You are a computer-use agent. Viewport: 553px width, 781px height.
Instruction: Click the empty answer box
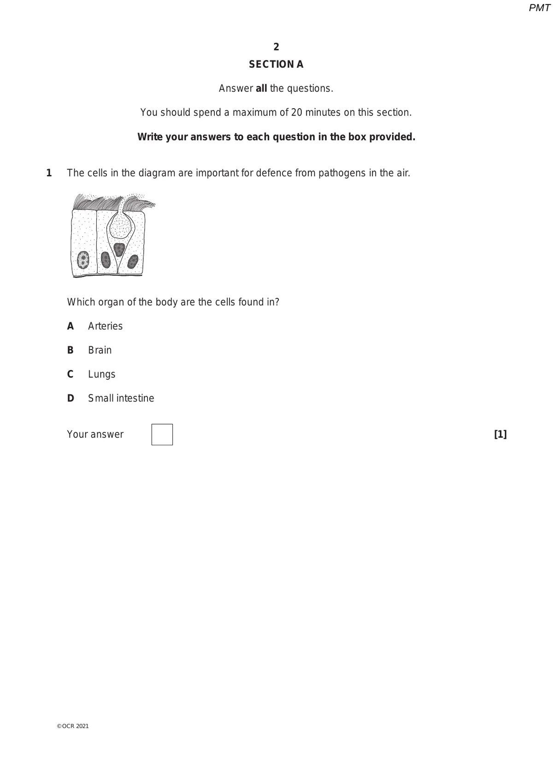pyautogui.click(x=162, y=434)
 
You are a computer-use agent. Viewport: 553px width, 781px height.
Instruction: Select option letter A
pyautogui.click(x=71, y=326)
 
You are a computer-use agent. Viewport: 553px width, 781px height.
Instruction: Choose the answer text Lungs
pyautogui.click(x=102, y=374)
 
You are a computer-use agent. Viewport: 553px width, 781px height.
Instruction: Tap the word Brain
pyautogui.click(x=100, y=350)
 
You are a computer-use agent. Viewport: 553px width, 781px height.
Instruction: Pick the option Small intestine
pyautogui.click(x=121, y=398)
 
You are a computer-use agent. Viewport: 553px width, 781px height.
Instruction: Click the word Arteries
pyautogui.click(x=106, y=326)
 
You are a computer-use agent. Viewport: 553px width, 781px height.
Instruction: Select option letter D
pyautogui.click(x=71, y=398)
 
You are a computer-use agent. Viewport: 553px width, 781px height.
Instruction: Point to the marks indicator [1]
pyautogui.click(x=500, y=434)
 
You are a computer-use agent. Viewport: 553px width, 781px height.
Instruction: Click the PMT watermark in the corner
pyautogui.click(x=539, y=8)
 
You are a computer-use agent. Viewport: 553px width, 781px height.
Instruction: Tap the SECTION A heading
pyautogui.click(x=276, y=64)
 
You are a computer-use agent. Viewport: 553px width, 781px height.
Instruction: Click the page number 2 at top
pyautogui.click(x=276, y=47)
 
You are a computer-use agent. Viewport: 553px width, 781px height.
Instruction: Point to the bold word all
pyautogui.click(x=261, y=88)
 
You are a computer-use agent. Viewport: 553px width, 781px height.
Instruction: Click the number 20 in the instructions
pyautogui.click(x=297, y=112)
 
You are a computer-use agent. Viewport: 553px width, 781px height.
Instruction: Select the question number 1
pyautogui.click(x=49, y=173)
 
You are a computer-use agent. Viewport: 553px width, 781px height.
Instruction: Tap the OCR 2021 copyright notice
pyautogui.click(x=73, y=726)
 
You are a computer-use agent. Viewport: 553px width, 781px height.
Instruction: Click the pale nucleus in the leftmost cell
pyautogui.click(x=83, y=260)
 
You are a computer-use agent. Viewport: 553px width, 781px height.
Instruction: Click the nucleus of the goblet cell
pyautogui.click(x=119, y=249)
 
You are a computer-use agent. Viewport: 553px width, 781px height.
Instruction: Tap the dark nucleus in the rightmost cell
pyautogui.click(x=133, y=262)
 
